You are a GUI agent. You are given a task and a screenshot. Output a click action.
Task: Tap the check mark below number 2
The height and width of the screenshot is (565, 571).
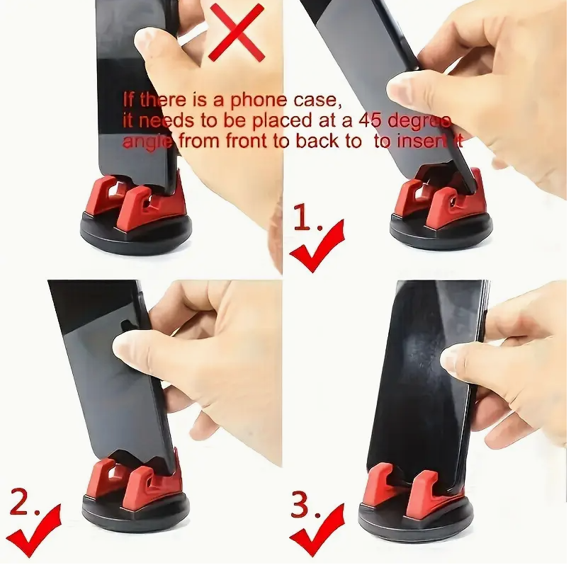35,535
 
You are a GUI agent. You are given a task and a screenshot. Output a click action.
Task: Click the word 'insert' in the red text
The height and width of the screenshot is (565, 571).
422,141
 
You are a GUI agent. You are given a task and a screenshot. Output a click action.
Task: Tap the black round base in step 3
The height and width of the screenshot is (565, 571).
415,520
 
